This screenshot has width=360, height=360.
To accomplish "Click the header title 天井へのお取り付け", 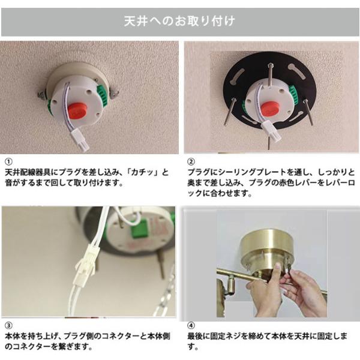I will coord(179,22).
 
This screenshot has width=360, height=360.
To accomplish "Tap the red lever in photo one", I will coord(76,110).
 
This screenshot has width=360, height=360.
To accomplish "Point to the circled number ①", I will coord(8,162).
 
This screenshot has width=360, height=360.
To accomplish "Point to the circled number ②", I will coord(191,162).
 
